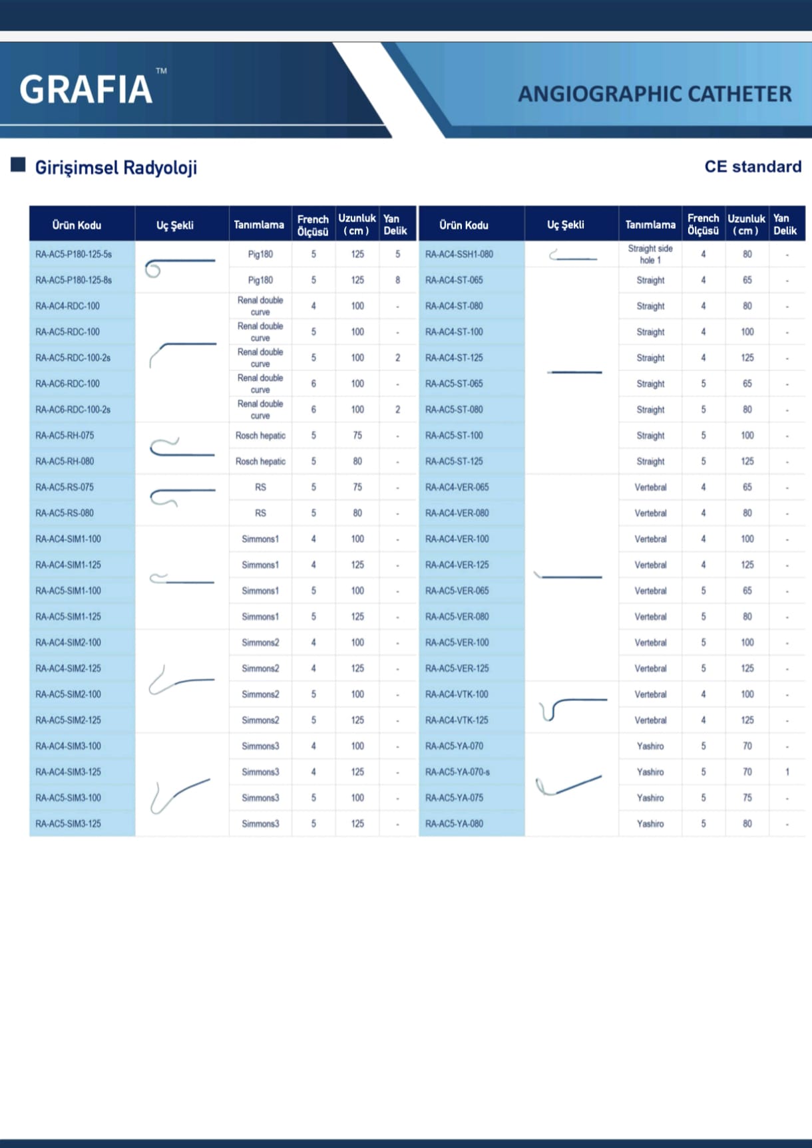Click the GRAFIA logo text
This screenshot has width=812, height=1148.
pos(87,90)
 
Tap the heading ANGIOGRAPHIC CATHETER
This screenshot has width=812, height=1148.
pos(655,94)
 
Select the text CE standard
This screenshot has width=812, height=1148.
pos(753,166)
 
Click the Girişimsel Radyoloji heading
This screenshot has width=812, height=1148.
pos(116,168)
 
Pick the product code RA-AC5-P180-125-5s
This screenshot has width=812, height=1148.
pos(74,254)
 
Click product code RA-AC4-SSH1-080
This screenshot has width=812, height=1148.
pos(459,254)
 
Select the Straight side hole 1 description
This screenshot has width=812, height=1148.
pos(650,254)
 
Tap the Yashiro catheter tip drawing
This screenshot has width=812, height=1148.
pos(569,785)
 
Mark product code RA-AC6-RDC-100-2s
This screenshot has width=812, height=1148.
pos(73,410)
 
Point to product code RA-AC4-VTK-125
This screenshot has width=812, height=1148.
pos(457,720)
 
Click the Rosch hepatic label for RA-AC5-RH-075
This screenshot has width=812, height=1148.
pos(260,436)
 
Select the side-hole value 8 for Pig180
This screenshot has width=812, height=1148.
pos(398,280)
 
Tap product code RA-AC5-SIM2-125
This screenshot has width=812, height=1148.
pos(69,720)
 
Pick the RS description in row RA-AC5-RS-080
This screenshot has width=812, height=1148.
pos(260,513)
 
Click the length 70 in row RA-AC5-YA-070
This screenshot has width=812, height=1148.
pos(747,746)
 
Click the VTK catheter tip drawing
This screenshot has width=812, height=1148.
pos(572,707)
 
